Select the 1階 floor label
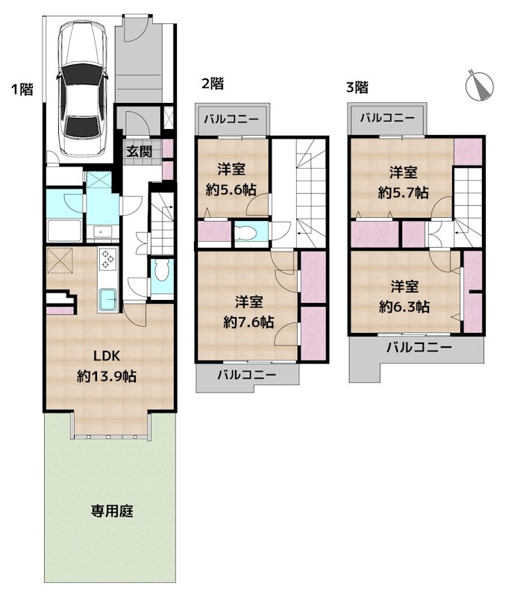(21, 90)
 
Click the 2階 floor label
(212, 84)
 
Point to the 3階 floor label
(357, 87)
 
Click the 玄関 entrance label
(140, 151)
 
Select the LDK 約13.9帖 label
(106, 366)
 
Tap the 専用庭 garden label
(112, 511)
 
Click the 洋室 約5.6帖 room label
(231, 178)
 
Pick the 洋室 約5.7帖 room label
(403, 182)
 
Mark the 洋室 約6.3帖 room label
(404, 296)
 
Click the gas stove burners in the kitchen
(108, 259)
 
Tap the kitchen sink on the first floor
(107, 300)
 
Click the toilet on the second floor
(245, 234)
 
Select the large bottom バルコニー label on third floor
(419, 348)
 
